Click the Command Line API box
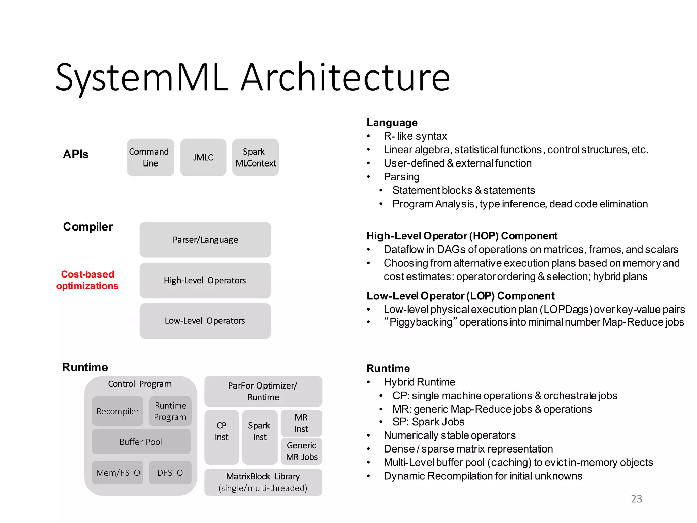pos(150,157)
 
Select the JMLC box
pos(203,157)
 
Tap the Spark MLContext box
pos(255,157)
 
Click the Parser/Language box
pos(205,240)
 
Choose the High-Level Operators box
pos(205,280)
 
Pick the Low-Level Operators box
pos(205,321)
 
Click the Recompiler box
pos(117,411)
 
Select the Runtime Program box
pos(170,411)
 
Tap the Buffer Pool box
pos(141,442)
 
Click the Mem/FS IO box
pos(118,473)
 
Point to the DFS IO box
pos(170,473)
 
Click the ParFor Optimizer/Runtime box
pos(263,391)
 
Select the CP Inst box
pos(222,437)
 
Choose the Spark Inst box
pos(260,437)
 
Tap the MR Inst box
pos(301,423)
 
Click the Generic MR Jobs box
pos(302,451)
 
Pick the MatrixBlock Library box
pos(263,482)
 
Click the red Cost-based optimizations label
pos(87,280)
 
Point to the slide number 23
pos(636,498)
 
